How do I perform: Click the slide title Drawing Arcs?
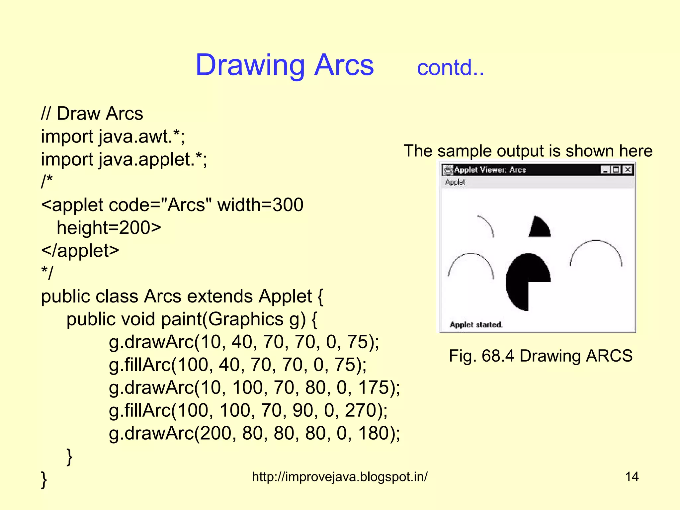(x=285, y=65)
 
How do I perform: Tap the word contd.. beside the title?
(x=450, y=68)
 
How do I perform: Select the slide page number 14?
(x=632, y=477)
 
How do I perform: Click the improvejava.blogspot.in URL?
(x=340, y=477)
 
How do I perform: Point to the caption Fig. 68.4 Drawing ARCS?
(x=541, y=356)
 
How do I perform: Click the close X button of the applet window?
(x=628, y=170)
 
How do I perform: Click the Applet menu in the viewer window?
(x=455, y=182)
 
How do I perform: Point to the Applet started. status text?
(x=476, y=324)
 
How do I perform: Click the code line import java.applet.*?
(x=124, y=159)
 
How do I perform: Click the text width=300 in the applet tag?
(x=260, y=205)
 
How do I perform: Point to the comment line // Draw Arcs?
(x=92, y=114)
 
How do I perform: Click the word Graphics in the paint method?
(x=246, y=319)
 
